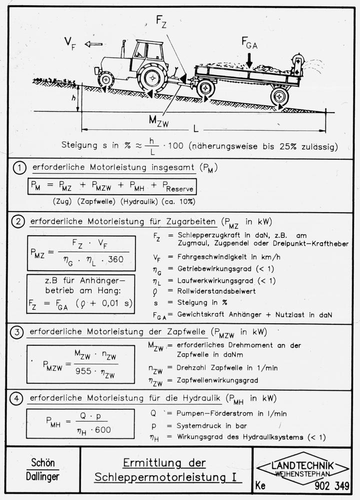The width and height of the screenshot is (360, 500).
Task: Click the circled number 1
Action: point(18,168)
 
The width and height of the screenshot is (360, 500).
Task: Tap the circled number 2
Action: point(18,222)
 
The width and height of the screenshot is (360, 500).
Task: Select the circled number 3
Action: point(18,332)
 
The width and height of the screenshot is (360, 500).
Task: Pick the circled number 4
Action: point(18,398)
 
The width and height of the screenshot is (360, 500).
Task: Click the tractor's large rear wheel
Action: point(152,78)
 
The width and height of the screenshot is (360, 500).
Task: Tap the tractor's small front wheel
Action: point(106,79)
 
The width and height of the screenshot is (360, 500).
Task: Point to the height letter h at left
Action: point(73,100)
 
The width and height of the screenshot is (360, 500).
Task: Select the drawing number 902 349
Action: point(331,485)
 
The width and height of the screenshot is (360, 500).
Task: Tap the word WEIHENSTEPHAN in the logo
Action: point(302,474)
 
